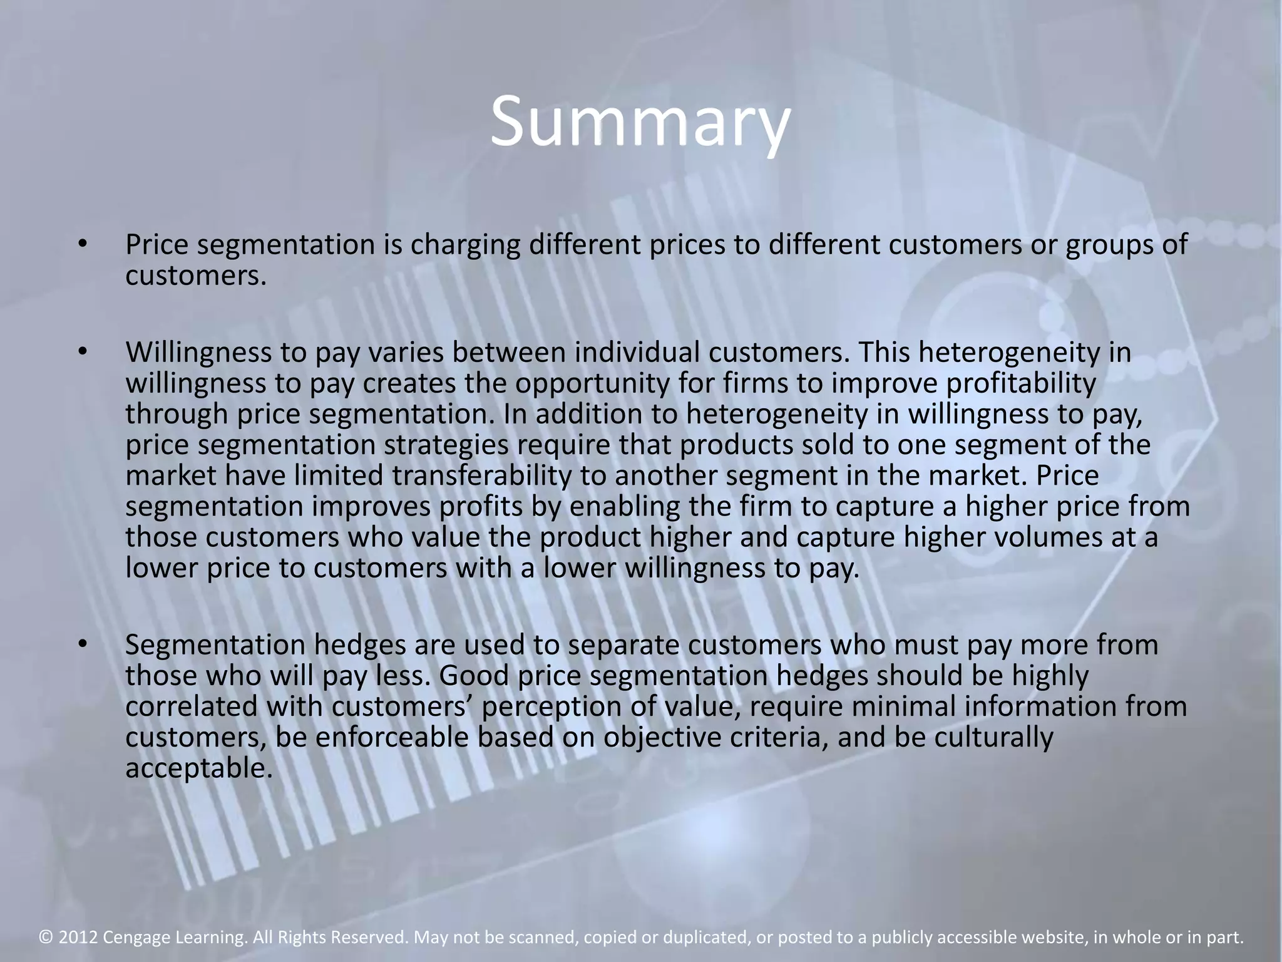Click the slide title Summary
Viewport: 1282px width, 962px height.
pos(639,122)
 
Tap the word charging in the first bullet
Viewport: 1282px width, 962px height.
pos(465,245)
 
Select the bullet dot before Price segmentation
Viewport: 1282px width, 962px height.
pos(81,244)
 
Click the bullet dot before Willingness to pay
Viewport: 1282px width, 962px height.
pos(81,353)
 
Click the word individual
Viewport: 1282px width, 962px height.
pos(637,353)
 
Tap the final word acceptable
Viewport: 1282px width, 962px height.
pos(199,768)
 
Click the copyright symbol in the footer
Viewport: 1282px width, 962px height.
pos(45,937)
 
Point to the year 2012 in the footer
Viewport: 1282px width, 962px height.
pos(78,937)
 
